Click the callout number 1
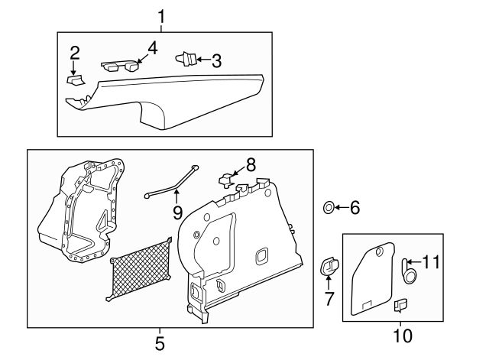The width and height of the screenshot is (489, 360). (160, 15)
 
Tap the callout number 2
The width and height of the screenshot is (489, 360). (74, 53)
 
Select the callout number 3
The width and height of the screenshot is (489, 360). (216, 60)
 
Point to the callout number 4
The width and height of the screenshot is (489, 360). (152, 47)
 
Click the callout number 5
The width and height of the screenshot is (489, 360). (159, 343)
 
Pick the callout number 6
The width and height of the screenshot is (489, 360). (354, 206)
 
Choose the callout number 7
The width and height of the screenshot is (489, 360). (329, 298)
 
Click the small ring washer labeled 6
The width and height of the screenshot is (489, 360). (328, 206)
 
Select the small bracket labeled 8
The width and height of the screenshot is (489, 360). (227, 180)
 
